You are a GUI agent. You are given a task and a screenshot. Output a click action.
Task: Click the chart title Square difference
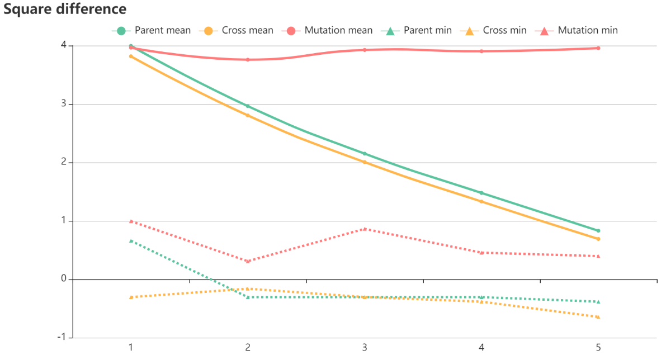(x=65, y=9)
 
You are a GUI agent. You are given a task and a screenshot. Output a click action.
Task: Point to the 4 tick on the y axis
(x=64, y=46)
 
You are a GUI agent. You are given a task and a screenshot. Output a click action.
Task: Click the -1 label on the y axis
(x=62, y=338)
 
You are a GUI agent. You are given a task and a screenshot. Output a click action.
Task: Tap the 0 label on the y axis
(x=64, y=280)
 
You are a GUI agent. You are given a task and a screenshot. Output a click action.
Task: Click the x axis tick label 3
(x=365, y=348)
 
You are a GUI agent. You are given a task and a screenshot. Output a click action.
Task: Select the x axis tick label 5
(x=598, y=348)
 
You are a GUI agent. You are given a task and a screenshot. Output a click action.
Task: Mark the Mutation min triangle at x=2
(x=248, y=262)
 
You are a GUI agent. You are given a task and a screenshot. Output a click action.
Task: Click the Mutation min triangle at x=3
(x=365, y=229)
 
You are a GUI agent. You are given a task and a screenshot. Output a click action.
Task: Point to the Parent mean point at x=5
(x=598, y=231)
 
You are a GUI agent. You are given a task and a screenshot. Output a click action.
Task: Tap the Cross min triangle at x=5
(x=598, y=317)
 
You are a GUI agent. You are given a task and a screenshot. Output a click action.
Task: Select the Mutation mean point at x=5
(x=598, y=48)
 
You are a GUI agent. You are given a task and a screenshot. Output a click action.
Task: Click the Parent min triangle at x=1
(x=131, y=241)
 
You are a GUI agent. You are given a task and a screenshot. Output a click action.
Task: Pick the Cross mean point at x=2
(x=248, y=115)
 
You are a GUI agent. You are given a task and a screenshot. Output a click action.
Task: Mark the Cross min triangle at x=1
(x=131, y=297)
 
